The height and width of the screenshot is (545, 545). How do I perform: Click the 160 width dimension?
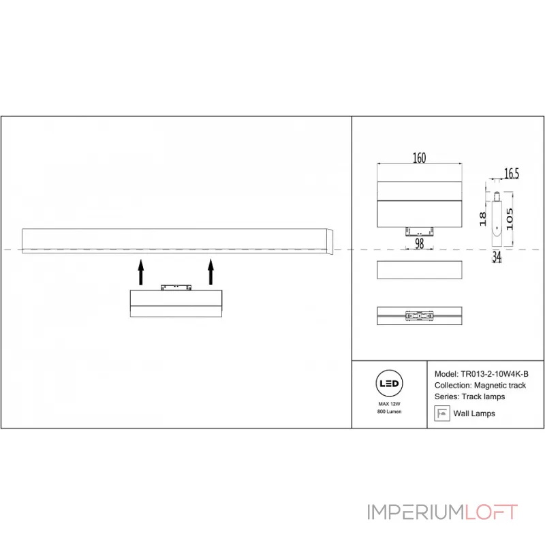[419, 158]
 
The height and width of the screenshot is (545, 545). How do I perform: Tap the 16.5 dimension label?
[512, 174]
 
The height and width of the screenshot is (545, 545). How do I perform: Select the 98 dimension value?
[419, 243]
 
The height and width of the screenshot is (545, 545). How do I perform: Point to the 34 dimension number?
[497, 257]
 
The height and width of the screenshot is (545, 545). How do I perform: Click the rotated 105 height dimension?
[509, 219]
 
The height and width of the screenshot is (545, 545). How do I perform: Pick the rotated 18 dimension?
[482, 219]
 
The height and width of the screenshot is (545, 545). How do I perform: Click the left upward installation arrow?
[141, 272]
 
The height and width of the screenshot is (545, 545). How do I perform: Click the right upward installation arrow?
[211, 272]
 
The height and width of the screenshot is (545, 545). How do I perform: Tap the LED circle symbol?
[389, 384]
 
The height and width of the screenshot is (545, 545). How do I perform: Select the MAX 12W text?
[389, 404]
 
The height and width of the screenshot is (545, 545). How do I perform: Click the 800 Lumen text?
[389, 411]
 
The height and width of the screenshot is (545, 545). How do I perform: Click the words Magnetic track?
[500, 386]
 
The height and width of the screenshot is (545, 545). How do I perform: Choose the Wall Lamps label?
[474, 414]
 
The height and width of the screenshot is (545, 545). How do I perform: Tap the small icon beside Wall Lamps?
[441, 414]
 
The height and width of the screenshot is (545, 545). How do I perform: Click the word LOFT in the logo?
[491, 512]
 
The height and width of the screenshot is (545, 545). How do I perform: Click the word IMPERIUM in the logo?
[416, 512]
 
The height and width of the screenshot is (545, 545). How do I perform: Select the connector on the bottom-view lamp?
[419, 316]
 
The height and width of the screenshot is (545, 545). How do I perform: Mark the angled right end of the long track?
[330, 242]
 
